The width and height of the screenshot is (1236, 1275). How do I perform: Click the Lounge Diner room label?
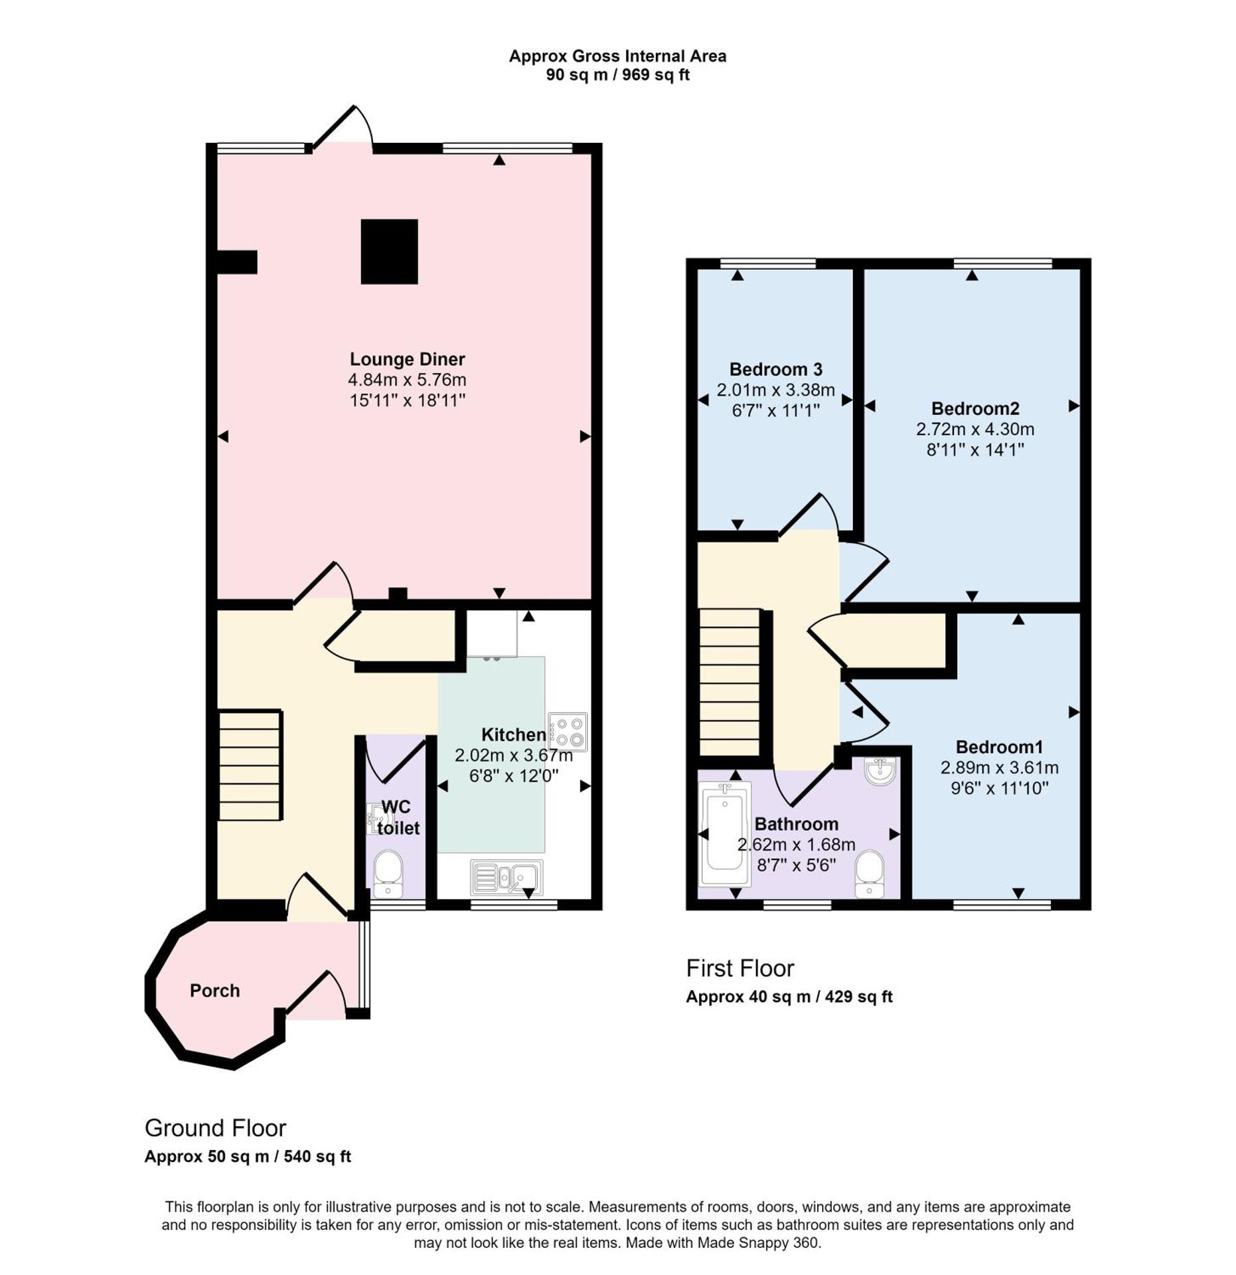click(x=407, y=359)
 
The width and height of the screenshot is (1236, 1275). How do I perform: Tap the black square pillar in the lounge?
click(x=389, y=252)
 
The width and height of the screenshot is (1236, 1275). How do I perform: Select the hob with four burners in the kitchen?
click(x=568, y=732)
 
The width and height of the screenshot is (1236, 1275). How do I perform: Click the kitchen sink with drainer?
click(x=506, y=877)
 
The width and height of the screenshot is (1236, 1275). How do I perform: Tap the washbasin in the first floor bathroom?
click(x=880, y=771)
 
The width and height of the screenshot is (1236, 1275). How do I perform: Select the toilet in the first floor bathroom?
click(x=869, y=874)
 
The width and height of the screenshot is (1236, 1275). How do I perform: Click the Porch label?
click(x=214, y=991)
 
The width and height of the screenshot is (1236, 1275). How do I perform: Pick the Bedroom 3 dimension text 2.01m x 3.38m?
click(x=775, y=390)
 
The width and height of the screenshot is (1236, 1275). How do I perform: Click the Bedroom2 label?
click(x=974, y=408)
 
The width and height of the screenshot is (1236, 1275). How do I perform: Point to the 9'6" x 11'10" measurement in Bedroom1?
click(x=998, y=788)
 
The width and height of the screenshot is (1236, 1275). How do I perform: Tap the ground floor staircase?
click(x=250, y=766)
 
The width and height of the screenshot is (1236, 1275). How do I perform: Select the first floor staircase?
click(x=730, y=682)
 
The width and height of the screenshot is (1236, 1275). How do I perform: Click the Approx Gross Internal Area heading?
click(x=617, y=56)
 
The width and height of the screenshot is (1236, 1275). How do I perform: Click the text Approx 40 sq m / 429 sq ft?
click(x=789, y=997)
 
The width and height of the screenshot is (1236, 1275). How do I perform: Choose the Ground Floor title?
click(x=215, y=1128)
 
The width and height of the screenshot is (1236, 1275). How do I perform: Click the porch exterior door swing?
click(x=315, y=995)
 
